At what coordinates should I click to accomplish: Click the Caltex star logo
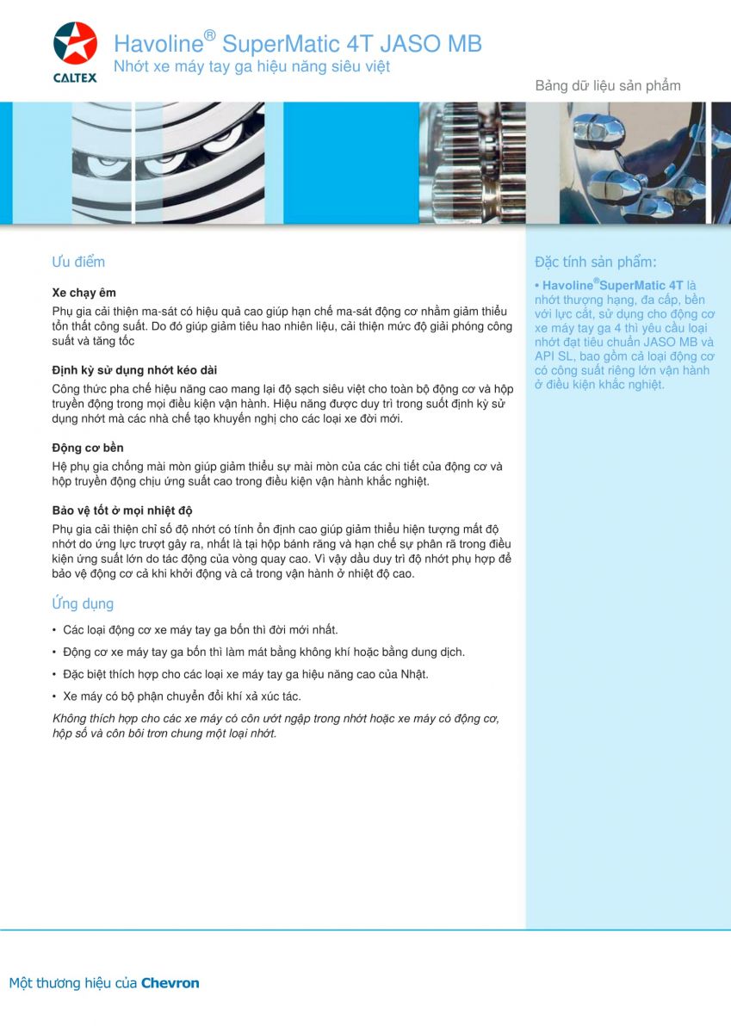coord(75,44)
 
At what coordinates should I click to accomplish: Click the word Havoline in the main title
coord(158,44)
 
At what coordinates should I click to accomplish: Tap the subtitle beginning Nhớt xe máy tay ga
coord(251,67)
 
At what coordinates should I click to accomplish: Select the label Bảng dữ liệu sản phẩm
coord(608,85)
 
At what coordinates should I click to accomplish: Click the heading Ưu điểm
coord(78,262)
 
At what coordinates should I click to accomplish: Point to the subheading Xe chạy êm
coord(84,293)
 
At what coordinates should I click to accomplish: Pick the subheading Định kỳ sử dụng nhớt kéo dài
coord(134,370)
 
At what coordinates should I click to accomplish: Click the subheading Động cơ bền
coord(88,448)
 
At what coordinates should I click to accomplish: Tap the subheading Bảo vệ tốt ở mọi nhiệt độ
coord(122,510)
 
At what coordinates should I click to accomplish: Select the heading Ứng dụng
coord(83,603)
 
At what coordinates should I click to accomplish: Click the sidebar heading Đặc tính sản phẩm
coord(595,262)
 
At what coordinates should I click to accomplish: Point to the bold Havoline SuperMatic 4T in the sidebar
coord(613,285)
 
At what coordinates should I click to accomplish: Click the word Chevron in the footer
coord(170,982)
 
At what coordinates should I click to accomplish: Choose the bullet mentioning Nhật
coord(245,674)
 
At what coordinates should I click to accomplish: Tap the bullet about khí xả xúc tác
coord(182,696)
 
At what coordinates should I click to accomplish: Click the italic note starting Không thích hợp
coord(276,726)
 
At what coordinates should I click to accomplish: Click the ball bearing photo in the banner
coord(168,163)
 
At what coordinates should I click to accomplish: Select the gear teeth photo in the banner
coord(471,163)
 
